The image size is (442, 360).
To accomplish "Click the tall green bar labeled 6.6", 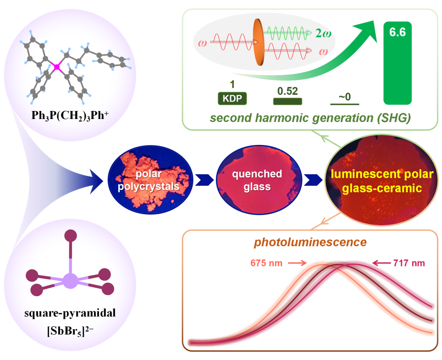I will [397, 64].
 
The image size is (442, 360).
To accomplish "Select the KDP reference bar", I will [232, 99].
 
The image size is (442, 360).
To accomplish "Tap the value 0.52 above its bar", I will [287, 91].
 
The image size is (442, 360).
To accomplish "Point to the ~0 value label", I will [345, 96].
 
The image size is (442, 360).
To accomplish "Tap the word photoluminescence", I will [311, 242].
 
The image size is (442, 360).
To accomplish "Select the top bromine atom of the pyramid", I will [70, 236].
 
